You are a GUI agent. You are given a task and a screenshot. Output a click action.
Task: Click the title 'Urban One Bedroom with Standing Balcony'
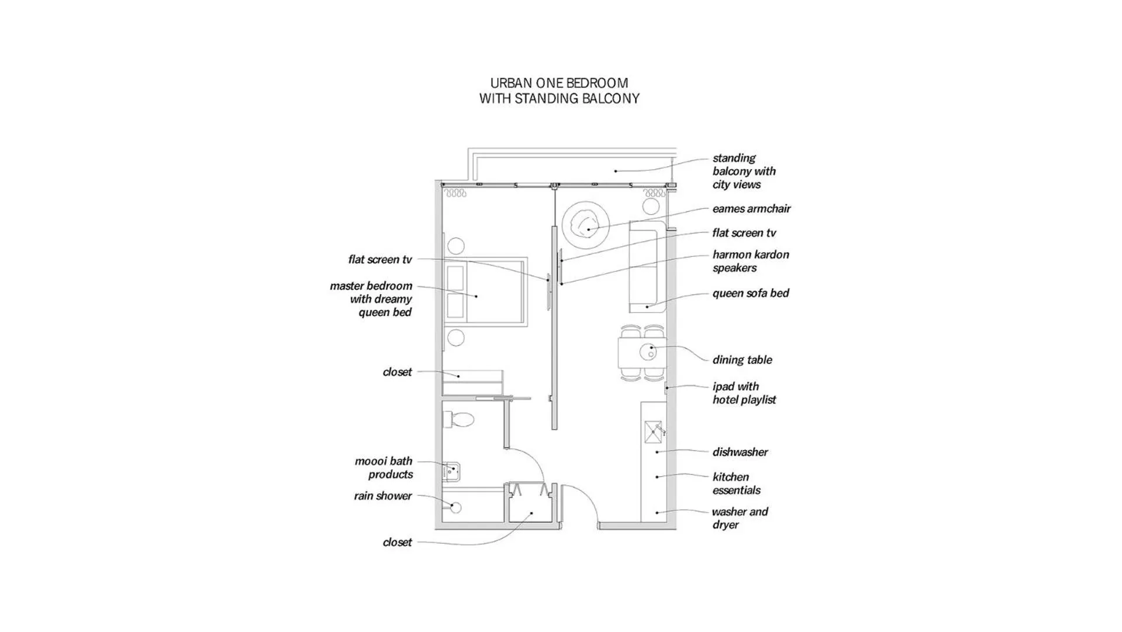point(559,91)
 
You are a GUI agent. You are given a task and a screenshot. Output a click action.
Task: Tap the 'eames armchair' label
point(751,208)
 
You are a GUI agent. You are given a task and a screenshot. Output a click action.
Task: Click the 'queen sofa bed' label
point(750,293)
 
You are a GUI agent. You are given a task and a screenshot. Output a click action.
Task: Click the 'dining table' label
point(742,359)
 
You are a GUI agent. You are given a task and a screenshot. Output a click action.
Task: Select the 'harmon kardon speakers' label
point(750,261)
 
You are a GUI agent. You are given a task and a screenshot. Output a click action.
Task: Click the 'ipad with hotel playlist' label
point(744,393)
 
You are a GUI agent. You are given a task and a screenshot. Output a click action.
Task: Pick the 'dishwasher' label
point(740,452)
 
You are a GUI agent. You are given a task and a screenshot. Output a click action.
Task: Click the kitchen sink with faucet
point(654,432)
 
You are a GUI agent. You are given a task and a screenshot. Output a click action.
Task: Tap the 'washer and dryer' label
point(740,518)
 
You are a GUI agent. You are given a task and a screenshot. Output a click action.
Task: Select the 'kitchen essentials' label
point(736,483)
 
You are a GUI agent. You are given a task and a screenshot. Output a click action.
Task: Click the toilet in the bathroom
point(460,419)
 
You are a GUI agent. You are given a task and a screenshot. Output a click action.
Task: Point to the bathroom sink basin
point(451,470)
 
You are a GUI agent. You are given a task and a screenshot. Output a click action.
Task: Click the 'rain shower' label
point(382,496)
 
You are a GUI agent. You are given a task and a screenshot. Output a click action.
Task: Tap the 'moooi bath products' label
point(384,468)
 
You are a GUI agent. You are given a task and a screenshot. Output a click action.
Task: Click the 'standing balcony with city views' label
point(744,171)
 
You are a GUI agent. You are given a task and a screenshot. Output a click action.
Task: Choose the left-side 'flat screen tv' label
point(379,259)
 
